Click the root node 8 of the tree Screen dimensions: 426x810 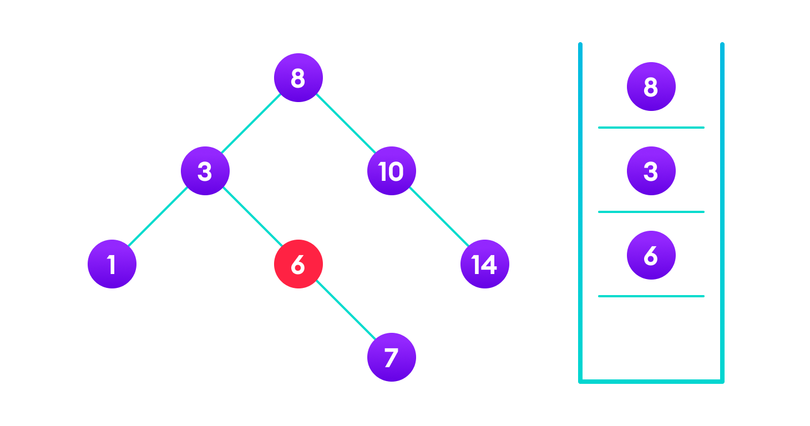298,78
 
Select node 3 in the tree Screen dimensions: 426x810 205,171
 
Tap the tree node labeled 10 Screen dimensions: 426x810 392,171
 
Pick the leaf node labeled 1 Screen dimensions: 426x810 112,264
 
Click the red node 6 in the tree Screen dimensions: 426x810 298,264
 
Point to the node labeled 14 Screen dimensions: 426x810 485,264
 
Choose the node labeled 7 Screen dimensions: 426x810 392,357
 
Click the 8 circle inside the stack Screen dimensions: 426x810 651,87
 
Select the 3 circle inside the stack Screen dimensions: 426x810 651,171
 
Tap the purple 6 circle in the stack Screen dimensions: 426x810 651,255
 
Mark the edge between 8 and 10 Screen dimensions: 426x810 345,124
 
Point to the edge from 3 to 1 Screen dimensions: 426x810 159,217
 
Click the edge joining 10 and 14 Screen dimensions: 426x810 438,217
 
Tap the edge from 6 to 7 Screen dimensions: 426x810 345,311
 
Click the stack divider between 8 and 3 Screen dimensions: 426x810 651,128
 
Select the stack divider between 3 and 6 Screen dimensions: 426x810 651,212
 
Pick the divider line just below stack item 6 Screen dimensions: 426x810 651,296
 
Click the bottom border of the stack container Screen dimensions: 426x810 651,381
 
